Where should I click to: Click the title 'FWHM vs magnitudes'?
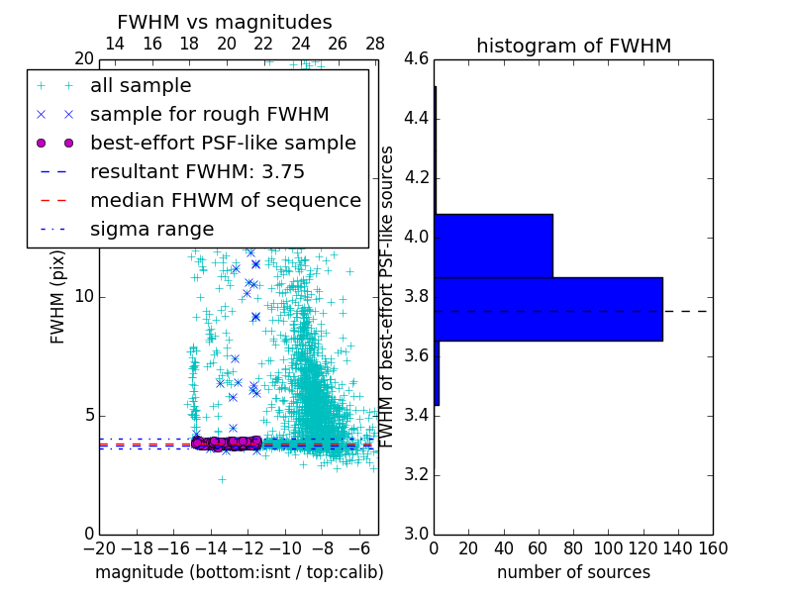(225, 22)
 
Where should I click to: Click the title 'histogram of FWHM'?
(573, 46)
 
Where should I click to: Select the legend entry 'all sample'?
(141, 86)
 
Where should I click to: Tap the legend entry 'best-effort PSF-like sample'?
(223, 143)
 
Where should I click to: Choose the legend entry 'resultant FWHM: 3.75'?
(197, 171)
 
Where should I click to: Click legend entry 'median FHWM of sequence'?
(225, 200)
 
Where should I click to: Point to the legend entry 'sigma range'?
(151, 229)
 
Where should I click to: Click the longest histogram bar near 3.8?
(547, 309)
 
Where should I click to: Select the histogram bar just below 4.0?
(493, 246)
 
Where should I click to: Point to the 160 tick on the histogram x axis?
(713, 548)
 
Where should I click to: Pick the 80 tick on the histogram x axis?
(573, 548)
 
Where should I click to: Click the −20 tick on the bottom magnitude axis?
(99, 548)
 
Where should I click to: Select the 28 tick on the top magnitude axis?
(375, 44)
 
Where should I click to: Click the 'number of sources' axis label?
(573, 572)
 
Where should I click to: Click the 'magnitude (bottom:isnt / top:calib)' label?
(239, 572)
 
